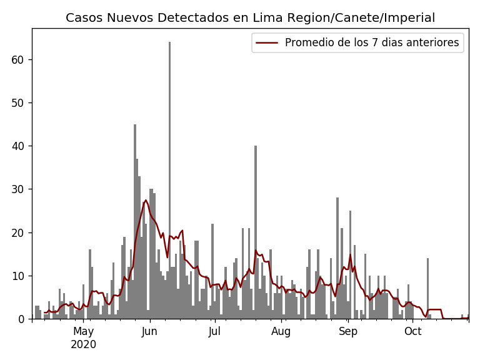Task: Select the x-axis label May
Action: click(x=83, y=331)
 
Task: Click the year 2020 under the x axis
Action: click(x=83, y=344)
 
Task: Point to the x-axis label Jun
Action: click(x=149, y=331)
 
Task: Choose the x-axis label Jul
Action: click(x=214, y=331)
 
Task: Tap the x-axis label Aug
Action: click(x=281, y=331)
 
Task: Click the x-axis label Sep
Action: click(x=348, y=331)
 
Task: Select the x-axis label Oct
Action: click(x=412, y=331)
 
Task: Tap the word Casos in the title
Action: click(x=82, y=18)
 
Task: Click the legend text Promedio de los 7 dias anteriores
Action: click(x=372, y=43)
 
